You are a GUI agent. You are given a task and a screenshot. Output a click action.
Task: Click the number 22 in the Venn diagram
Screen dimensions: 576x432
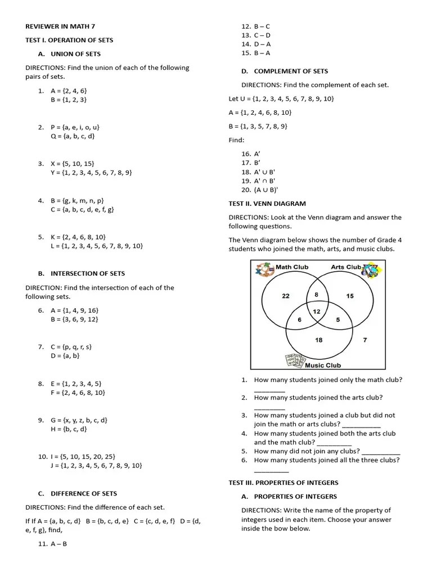click(285, 296)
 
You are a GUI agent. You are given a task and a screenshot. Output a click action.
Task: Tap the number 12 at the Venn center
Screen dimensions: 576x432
click(316, 311)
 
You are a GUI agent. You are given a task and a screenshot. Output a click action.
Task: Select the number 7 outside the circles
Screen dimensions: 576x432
click(365, 340)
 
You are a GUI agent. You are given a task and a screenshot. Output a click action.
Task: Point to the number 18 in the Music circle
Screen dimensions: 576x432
click(318, 340)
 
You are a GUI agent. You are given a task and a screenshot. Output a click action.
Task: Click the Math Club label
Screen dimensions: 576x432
click(292, 267)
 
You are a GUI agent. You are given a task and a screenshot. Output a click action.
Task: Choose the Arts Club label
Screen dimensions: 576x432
click(345, 267)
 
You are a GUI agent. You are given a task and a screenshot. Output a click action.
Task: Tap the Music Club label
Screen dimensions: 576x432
click(323, 365)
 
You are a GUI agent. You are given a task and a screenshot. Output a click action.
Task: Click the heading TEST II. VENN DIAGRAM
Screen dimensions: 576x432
click(267, 204)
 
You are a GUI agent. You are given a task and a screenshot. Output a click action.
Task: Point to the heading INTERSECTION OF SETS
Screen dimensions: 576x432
click(88, 273)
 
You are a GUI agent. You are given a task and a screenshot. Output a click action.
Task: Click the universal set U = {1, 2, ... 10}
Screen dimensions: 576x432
click(281, 98)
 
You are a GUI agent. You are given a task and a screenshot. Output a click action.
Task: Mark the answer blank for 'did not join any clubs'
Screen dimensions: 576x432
click(381, 452)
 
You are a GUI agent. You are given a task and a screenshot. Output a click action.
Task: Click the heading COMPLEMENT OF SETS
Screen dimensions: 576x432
click(291, 71)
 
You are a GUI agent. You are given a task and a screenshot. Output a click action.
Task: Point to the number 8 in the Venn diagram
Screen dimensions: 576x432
click(317, 294)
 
